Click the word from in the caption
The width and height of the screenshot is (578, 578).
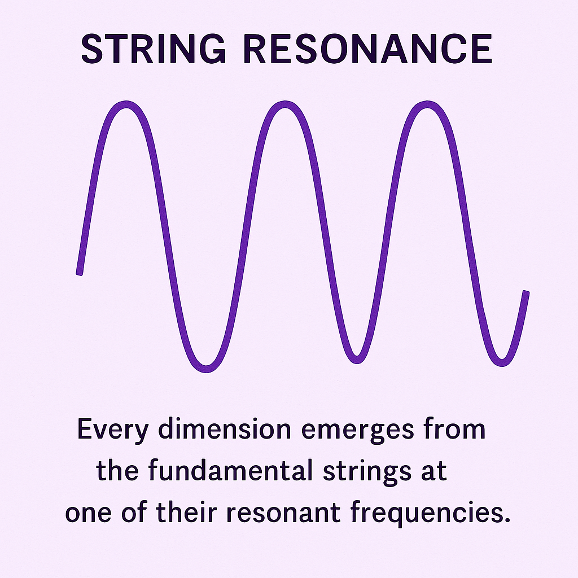(458, 430)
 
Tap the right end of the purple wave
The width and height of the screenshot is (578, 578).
(526, 293)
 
